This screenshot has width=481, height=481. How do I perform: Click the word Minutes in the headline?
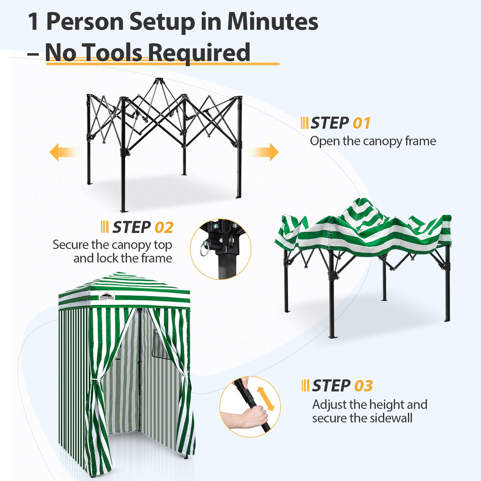coord(273,21)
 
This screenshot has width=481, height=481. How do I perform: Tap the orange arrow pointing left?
coord(61,152)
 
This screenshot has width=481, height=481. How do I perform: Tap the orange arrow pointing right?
coord(266,152)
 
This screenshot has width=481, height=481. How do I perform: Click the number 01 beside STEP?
coord(361,123)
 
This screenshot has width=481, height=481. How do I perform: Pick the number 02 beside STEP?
coord(164,228)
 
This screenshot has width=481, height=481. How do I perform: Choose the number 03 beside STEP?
coord(363,386)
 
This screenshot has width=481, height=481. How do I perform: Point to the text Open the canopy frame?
coord(373,141)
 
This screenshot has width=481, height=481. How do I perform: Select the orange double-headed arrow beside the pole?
coord(265,398)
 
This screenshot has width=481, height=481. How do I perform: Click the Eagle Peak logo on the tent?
coord(107,296)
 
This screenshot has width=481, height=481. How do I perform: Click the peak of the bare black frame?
coord(159,81)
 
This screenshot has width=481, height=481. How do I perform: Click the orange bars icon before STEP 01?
coord(304,123)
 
